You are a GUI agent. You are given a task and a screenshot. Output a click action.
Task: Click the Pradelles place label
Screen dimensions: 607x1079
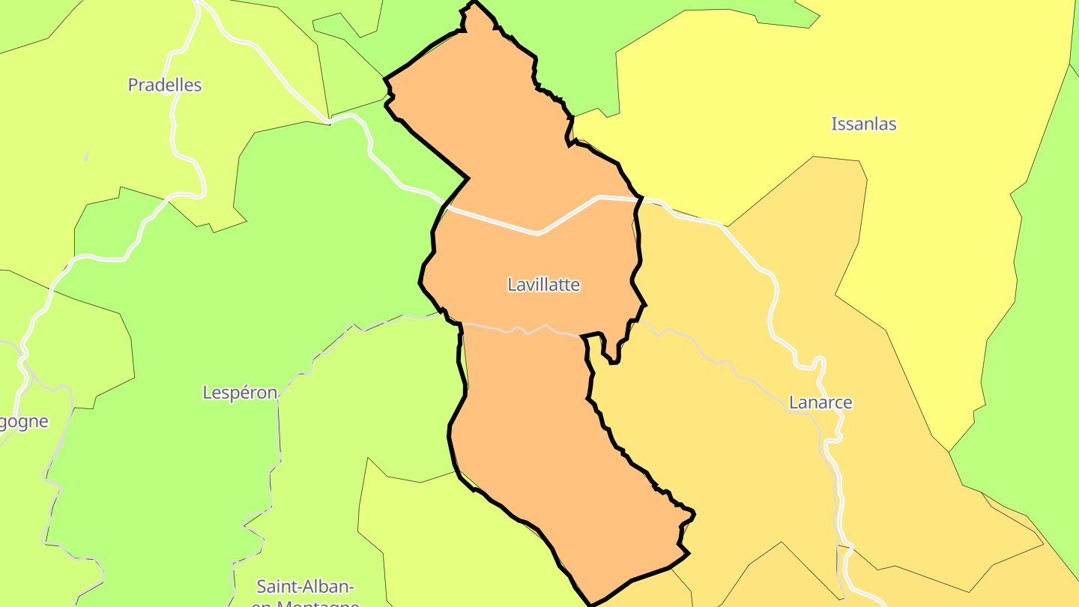click(165, 85)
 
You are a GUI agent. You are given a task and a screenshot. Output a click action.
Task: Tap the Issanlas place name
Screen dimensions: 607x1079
click(863, 124)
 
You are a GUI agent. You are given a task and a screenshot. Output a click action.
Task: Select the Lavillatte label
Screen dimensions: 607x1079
click(543, 285)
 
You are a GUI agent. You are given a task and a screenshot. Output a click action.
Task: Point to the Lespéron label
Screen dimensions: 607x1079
click(240, 393)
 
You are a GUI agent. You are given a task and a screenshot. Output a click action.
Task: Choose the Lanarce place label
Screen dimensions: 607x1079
click(820, 402)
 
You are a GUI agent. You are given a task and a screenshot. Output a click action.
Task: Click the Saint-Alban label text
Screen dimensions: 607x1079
click(305, 586)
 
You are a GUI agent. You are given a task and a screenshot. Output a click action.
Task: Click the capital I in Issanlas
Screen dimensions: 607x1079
click(834, 124)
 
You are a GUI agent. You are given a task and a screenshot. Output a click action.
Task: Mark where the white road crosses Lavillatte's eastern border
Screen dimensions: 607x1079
click(638, 199)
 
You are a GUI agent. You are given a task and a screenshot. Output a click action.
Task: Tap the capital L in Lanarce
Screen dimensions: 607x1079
click(794, 402)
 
